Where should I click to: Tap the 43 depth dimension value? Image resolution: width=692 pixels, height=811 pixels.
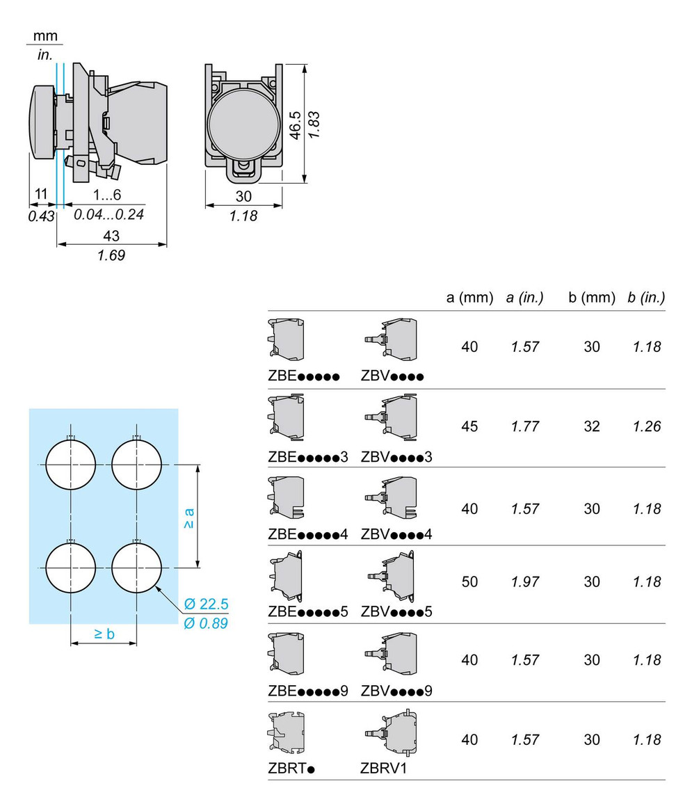111,236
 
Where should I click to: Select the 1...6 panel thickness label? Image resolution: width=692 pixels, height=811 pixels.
108,196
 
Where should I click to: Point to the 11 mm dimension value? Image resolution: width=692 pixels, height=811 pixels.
41,196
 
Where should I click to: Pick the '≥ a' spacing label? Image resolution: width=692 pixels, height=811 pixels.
188,517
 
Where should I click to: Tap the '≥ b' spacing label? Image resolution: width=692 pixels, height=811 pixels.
104,633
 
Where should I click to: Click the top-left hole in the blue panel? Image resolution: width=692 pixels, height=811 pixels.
70,464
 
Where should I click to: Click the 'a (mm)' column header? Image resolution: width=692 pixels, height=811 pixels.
469,298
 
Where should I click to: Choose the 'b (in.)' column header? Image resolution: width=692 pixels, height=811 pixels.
645,298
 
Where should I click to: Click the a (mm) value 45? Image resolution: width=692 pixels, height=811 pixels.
469,426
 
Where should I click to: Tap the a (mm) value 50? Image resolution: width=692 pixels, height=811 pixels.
469,581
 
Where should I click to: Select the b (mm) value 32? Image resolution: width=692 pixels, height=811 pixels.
591,426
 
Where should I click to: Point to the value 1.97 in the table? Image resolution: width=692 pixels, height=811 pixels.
525,581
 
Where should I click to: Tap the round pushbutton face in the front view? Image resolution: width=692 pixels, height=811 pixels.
243,124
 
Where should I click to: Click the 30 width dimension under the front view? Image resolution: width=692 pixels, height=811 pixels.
243,197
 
